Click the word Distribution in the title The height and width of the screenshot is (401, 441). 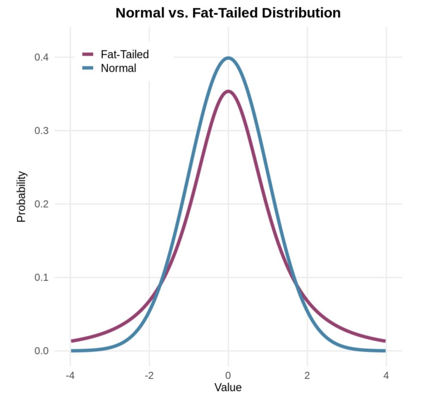[x=301, y=13]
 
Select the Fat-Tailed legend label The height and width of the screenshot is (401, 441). [x=124, y=54]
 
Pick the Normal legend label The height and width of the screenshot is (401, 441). [x=118, y=68]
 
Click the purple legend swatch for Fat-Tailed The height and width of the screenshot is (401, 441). [x=87, y=54]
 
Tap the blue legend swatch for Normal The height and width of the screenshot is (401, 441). [x=87, y=68]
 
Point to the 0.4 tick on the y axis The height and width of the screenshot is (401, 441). [x=41, y=57]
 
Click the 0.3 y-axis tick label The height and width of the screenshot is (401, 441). [x=41, y=131]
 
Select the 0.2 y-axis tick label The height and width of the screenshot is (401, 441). [x=41, y=204]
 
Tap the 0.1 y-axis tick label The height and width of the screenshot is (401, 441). [x=41, y=277]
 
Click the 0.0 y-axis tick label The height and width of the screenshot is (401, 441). [x=41, y=351]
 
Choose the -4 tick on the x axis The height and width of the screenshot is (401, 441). [x=70, y=375]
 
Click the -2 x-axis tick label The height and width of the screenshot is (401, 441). [x=149, y=375]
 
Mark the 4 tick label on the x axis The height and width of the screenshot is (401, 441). [x=386, y=375]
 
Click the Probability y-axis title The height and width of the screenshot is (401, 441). [x=22, y=197]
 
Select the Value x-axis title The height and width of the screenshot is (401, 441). [x=228, y=387]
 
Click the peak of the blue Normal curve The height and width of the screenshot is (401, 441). [x=228, y=58]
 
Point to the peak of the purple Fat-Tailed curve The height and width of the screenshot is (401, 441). [x=228, y=91]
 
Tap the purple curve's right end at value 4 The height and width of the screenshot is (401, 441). [x=385, y=341]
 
